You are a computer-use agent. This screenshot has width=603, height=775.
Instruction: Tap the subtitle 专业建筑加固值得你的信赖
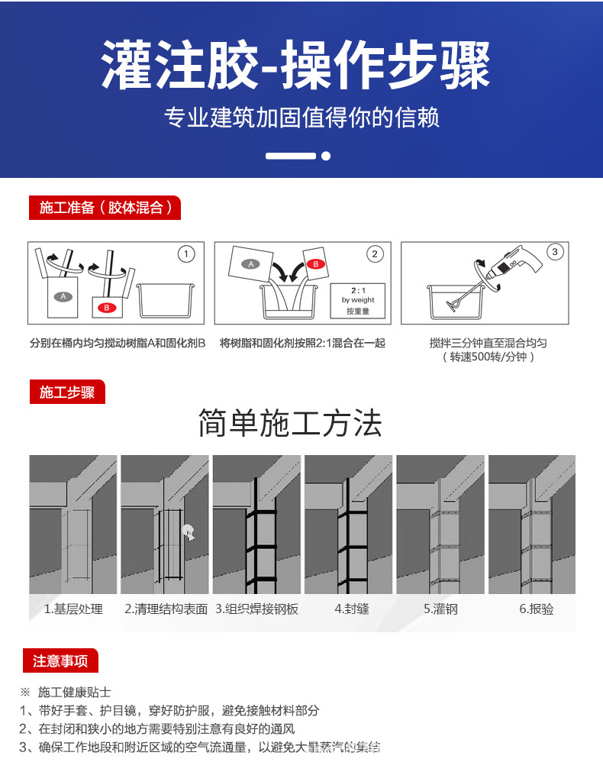301,118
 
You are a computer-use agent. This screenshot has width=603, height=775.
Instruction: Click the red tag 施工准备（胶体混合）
105,208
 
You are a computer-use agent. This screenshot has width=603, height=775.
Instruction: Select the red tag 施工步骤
67,392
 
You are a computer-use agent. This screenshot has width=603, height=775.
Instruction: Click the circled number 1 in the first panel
185,253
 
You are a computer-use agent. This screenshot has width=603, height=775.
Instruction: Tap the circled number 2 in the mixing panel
374,253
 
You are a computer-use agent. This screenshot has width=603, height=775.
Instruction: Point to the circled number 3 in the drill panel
555,252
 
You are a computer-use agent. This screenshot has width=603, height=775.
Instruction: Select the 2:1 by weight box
357,301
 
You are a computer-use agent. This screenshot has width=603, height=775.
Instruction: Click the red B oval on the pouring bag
314,263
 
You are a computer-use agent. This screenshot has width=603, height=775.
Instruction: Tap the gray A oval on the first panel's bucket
63,296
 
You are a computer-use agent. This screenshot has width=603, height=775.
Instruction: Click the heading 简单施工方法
290,423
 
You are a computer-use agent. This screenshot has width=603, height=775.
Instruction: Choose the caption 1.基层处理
73,609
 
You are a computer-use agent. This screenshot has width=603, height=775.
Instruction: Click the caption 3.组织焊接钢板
256,609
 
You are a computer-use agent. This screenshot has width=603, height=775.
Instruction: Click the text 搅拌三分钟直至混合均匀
488,343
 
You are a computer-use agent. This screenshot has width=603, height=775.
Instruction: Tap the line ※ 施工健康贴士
66,692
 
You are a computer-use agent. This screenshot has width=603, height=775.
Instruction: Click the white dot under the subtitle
326,156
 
